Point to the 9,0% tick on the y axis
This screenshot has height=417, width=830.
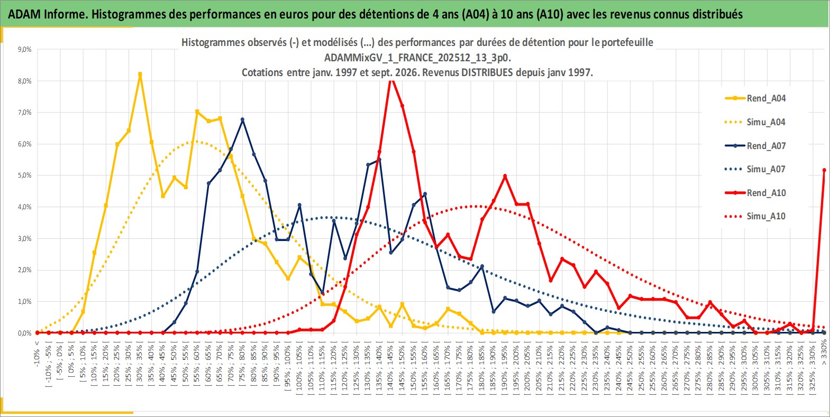coord(24,50)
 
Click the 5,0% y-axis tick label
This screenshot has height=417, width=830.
coord(24,175)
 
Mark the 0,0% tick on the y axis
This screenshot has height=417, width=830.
coord(24,333)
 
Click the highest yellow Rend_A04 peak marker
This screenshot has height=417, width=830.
coord(140,74)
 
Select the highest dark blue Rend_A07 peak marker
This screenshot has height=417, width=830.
coord(242,119)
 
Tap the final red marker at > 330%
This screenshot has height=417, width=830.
coord(824,170)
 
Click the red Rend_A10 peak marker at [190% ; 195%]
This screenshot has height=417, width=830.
coord(505,176)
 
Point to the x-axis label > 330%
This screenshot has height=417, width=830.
coord(824,354)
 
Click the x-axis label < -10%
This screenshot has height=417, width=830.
coord(37,354)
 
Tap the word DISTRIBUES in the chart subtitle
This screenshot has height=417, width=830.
coord(487,72)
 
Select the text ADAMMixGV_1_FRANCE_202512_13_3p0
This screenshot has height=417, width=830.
coord(417,58)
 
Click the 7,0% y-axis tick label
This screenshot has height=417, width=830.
coord(24,113)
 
